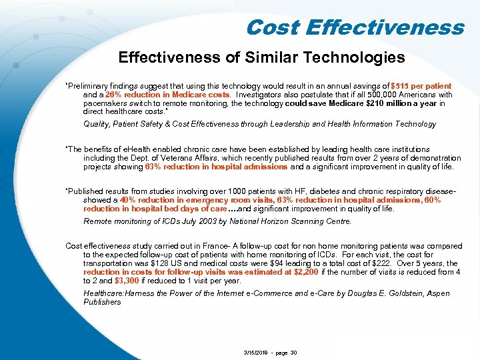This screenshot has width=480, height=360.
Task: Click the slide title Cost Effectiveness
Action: pos(354,27)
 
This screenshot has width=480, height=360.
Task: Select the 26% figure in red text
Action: pos(106,95)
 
